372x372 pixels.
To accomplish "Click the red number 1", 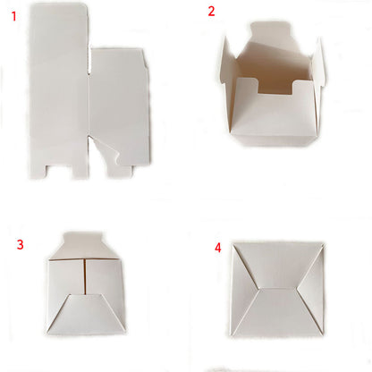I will tap(12, 15).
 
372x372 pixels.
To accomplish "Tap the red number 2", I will tap(211, 12).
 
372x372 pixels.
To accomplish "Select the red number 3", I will tap(20, 243).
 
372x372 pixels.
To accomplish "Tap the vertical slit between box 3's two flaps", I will tap(83, 277).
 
